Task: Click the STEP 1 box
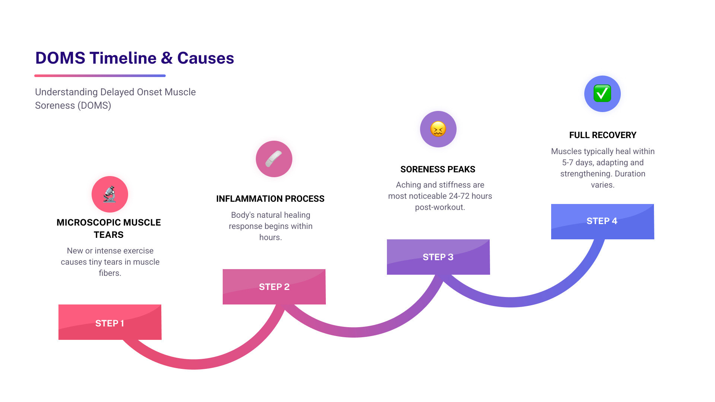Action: pyautogui.click(x=110, y=322)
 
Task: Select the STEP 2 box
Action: pyautogui.click(x=274, y=287)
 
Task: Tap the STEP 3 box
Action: pyautogui.click(x=438, y=257)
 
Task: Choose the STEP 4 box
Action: pyautogui.click(x=602, y=221)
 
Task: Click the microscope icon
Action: pyautogui.click(x=110, y=194)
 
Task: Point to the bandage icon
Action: pyautogui.click(x=274, y=159)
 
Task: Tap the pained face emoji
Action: pyautogui.click(x=438, y=129)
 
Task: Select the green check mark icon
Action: pyautogui.click(x=602, y=93)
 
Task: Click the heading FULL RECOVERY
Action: pyautogui.click(x=603, y=135)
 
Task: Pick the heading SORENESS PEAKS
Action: pyautogui.click(x=438, y=169)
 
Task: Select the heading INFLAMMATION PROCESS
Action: pyautogui.click(x=270, y=199)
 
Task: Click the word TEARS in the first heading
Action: pyautogui.click(x=108, y=235)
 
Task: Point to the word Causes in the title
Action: pyautogui.click(x=206, y=58)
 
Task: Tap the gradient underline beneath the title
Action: pyautogui.click(x=100, y=76)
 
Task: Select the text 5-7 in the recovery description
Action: pyautogui.click(x=568, y=163)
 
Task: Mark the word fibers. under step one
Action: pyautogui.click(x=110, y=273)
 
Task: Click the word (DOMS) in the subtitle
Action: pyautogui.click(x=94, y=106)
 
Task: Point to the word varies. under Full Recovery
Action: pyautogui.click(x=603, y=185)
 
